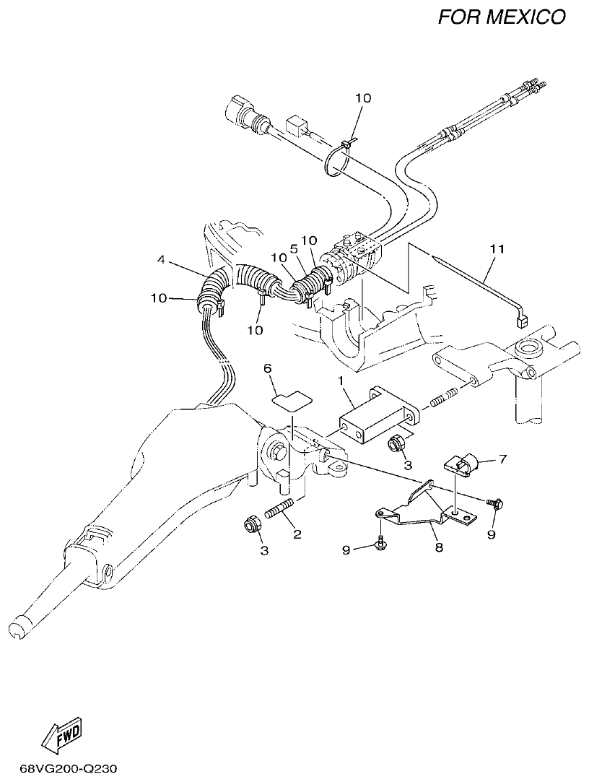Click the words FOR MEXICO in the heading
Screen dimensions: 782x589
[x=502, y=17]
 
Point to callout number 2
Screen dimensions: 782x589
[x=296, y=535]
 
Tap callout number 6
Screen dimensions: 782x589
[x=268, y=368]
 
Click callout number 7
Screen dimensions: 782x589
[x=502, y=459]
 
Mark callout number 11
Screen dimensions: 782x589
[x=496, y=249]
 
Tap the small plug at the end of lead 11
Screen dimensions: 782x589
[x=523, y=322]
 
